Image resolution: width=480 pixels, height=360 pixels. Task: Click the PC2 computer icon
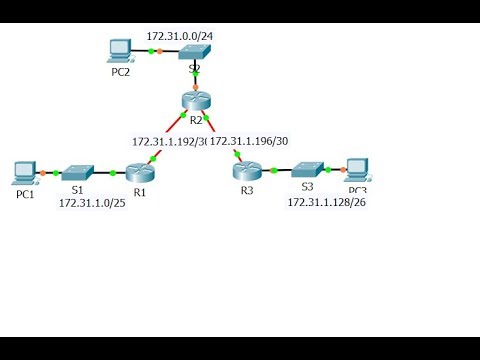tap(121, 49)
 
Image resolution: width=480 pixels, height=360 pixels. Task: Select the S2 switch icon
tap(194, 53)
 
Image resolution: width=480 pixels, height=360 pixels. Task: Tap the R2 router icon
tap(195, 100)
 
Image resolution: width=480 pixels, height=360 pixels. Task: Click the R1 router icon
tap(141, 173)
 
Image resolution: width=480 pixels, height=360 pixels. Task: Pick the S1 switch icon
tap(76, 173)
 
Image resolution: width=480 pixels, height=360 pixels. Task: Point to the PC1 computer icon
tap(25, 172)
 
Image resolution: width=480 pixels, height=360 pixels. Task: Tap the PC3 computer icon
tap(356, 169)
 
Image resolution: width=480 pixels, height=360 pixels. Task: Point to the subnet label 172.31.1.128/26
tap(326, 202)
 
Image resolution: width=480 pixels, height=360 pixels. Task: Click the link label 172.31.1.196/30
tap(249, 141)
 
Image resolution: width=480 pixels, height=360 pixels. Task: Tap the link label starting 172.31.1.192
tap(168, 141)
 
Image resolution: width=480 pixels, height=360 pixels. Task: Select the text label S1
tap(77, 188)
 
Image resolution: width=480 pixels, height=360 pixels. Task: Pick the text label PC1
tap(25, 194)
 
